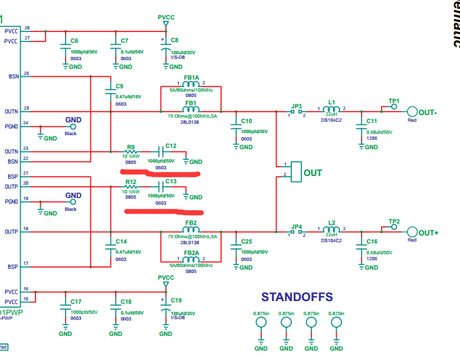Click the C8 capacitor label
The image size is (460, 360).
coord(175,41)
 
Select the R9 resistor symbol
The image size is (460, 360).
coord(131,151)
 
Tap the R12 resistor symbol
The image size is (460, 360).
coord(131,187)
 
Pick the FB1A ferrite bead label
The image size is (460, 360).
coord(191,78)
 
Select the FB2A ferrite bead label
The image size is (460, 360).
coord(191,253)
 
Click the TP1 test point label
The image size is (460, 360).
coord(394,100)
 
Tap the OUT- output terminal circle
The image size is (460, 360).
coord(412,112)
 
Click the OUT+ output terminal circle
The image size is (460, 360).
coord(412,232)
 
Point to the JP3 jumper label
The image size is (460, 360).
coord(297,105)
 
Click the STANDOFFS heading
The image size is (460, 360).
coord(297,296)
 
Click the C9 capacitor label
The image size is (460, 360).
coord(120,86)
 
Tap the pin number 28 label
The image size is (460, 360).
coord(27,27)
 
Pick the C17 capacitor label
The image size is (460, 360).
coord(75,302)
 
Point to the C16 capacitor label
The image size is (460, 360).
coord(372,242)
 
